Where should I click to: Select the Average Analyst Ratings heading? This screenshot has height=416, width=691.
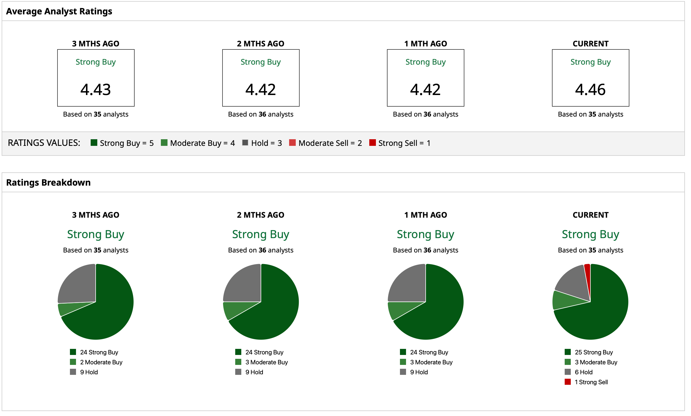pyautogui.click(x=59, y=11)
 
